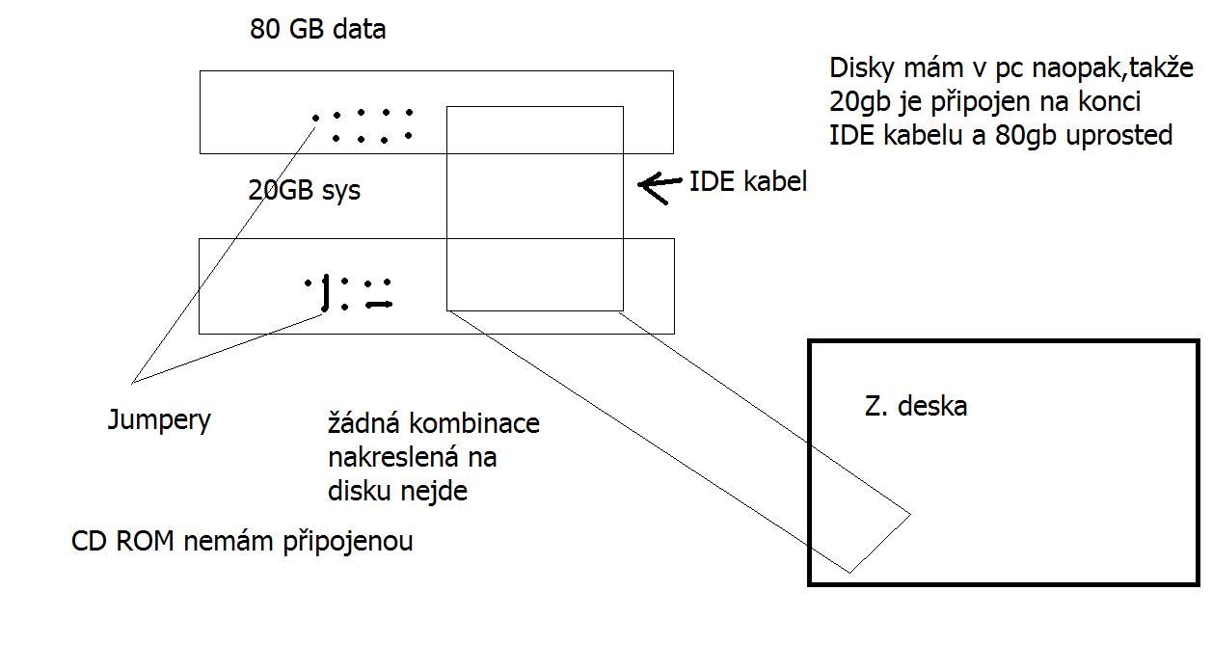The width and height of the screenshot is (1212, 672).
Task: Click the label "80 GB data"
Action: (x=318, y=30)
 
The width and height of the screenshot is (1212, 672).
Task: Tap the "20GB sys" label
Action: (x=305, y=191)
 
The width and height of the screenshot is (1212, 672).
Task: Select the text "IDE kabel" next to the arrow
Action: (x=748, y=181)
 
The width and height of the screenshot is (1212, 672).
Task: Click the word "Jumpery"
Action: (x=160, y=420)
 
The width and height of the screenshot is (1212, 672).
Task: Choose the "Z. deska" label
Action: (x=916, y=406)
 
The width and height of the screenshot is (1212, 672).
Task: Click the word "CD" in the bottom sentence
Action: (x=92, y=541)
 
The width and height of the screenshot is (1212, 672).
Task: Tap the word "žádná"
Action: (x=364, y=423)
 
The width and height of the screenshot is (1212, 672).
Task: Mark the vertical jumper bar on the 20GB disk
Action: (x=326, y=294)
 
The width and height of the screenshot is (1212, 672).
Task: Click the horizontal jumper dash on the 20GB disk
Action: (x=379, y=305)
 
